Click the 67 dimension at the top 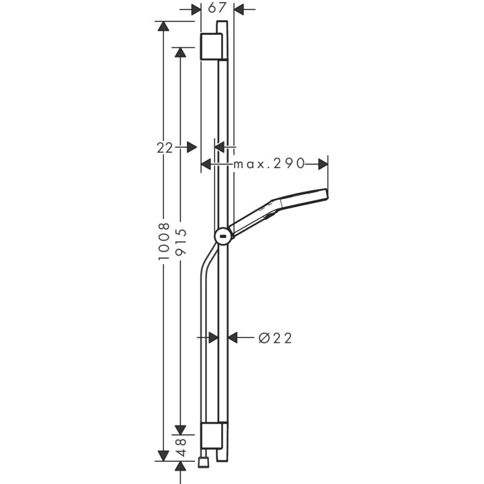[x=217, y=9]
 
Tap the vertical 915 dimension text [x=179, y=241]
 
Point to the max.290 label [x=269, y=164]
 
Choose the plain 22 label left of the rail [x=165, y=147]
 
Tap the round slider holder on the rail [x=223, y=236]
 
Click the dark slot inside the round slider [x=223, y=236]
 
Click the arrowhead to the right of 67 [x=239, y=9]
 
